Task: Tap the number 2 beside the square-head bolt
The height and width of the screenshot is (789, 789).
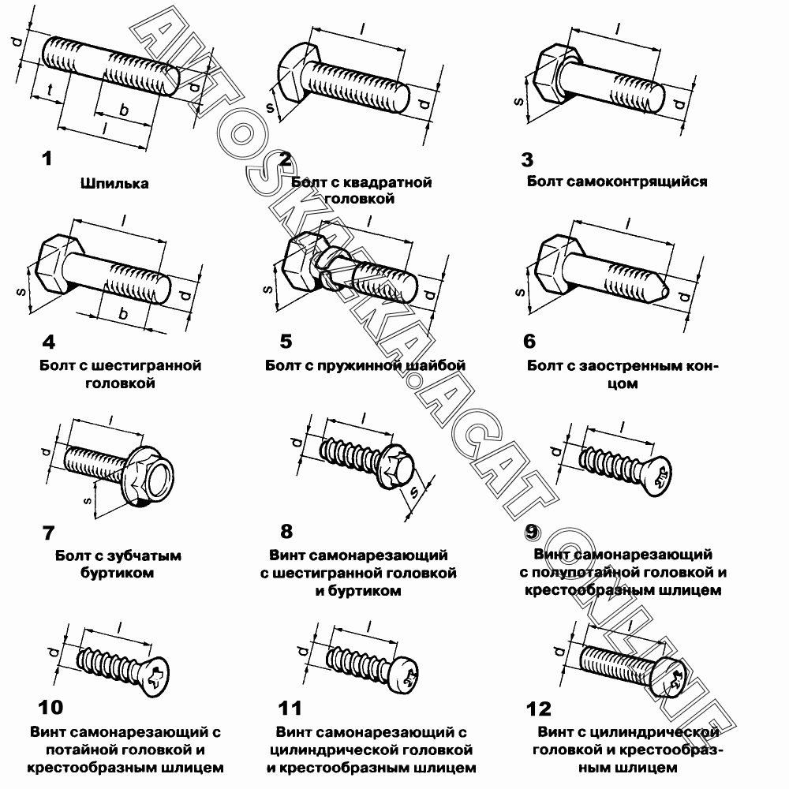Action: (x=285, y=159)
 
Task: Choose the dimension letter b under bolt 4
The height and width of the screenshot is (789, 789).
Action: (x=123, y=314)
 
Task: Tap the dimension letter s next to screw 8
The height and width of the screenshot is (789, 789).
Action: (x=413, y=494)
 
